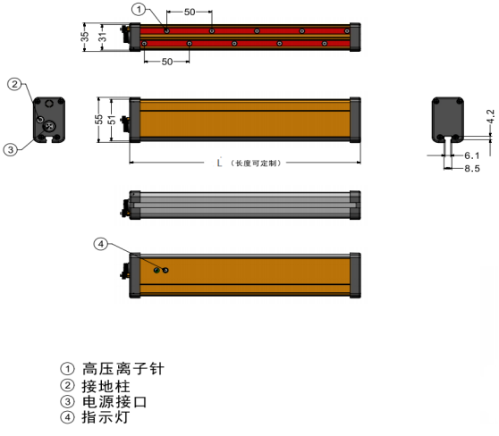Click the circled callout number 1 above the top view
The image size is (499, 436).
click(x=139, y=9)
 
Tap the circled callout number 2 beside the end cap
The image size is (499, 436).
click(x=14, y=84)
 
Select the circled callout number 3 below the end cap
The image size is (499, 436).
click(x=11, y=149)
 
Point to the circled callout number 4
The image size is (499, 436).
click(x=101, y=244)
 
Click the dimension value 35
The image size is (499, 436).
click(x=84, y=37)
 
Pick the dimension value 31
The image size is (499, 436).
click(x=102, y=37)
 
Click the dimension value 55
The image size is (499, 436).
click(x=98, y=120)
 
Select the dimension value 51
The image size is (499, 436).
click(x=112, y=120)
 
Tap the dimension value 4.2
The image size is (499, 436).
click(x=490, y=116)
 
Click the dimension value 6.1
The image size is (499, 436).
click(x=472, y=155)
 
